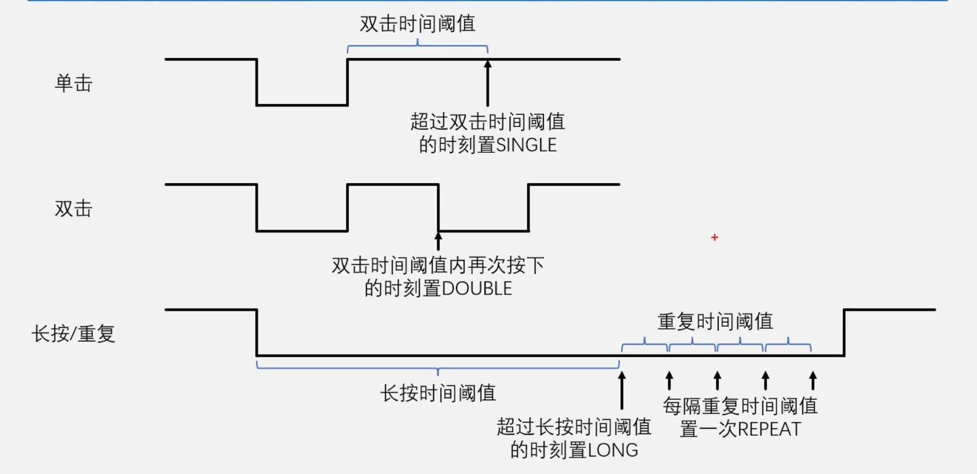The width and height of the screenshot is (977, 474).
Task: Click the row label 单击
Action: point(74,83)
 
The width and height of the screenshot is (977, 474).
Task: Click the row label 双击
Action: point(74,209)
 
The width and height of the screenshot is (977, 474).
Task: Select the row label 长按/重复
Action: point(73,334)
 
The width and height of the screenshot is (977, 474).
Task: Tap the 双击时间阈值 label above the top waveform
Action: point(418,24)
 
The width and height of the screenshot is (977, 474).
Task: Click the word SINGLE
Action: point(526,145)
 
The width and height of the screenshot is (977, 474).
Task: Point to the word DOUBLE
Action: point(477,289)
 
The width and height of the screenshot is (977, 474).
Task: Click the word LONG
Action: point(613,451)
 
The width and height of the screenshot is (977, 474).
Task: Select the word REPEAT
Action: point(769,429)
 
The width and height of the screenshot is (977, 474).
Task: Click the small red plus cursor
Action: point(714,237)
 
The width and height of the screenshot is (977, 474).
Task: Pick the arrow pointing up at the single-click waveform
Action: point(488,83)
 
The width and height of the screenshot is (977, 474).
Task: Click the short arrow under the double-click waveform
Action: point(438,241)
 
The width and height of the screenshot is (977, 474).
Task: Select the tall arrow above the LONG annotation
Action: point(621,390)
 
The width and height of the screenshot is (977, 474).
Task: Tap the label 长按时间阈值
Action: point(438,393)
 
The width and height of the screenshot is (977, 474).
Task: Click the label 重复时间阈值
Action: point(715,322)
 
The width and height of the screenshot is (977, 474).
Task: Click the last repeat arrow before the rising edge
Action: point(813,381)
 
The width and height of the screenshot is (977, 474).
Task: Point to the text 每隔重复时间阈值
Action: point(740,406)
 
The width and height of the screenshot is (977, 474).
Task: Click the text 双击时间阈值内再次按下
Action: point(438,266)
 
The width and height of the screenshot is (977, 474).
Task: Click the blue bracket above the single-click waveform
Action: point(418,47)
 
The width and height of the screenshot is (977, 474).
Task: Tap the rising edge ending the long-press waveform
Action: point(844,333)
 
